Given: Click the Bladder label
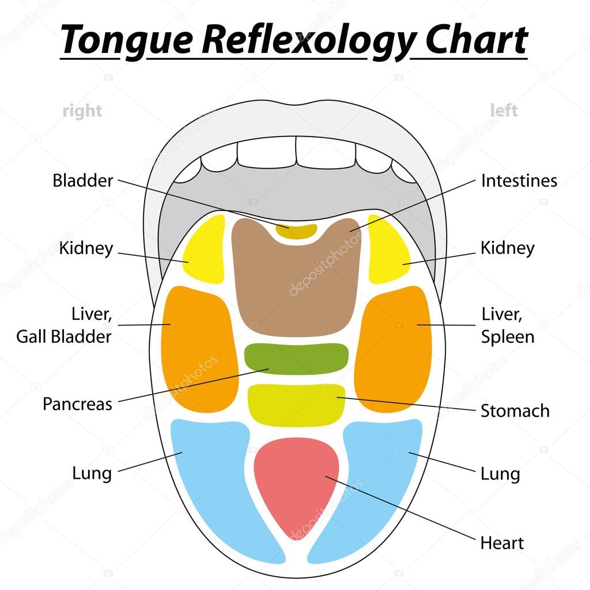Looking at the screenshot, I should pos(82,180).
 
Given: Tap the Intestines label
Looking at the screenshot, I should pos(519,180).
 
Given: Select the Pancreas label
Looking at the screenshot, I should pos(77,403).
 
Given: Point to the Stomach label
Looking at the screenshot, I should pos(515,411).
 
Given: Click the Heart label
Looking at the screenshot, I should pos(502,543).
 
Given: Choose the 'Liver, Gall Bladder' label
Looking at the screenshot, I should pos(63,326).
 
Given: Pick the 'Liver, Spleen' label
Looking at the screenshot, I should pos(508,326).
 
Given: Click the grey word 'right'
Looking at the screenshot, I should pos(82,111).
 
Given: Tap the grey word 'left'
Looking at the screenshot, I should pos(504,109).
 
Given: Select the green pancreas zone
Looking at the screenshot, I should pos(296,358).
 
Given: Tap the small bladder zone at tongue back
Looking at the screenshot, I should pos(296,230).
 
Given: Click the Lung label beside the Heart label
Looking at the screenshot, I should pos(500,474).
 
